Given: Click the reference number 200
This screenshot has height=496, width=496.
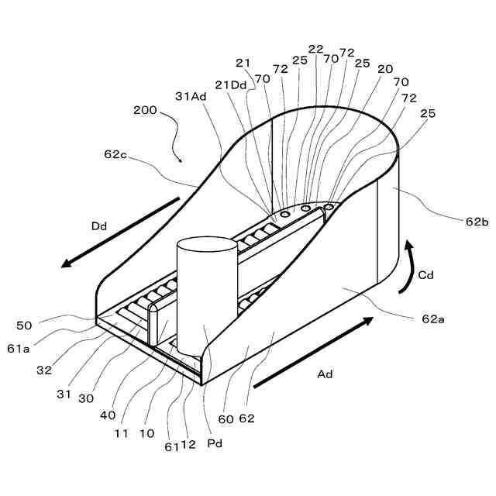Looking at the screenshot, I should tap(145, 111).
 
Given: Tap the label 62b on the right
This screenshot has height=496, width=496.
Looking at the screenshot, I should tap(477, 221).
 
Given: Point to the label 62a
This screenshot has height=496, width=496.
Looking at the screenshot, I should tap(433, 319).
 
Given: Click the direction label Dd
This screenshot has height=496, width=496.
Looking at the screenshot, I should tap(99, 227).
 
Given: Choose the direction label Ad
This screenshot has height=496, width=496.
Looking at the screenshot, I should tap(325, 374).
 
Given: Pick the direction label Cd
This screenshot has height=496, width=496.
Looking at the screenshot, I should tap(425, 274).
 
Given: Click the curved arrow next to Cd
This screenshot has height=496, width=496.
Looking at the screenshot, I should tap(406, 267).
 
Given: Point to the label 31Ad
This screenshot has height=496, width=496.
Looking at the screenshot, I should tap(191, 96).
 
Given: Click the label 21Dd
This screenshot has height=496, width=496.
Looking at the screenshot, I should tap(230, 85).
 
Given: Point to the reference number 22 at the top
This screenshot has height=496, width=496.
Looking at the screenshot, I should tap(315, 49).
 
